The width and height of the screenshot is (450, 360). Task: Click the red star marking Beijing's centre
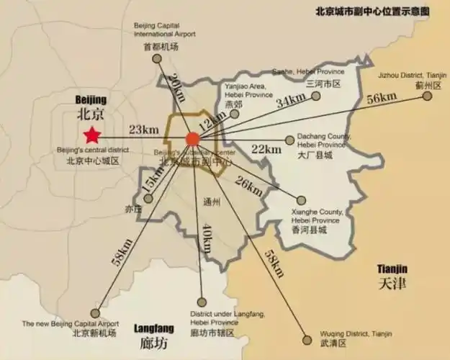tap(91, 135)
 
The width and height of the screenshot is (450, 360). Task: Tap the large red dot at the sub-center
tap(192, 139)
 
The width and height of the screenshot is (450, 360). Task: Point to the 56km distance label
tap(382, 99)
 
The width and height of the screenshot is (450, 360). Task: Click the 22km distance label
tap(266, 149)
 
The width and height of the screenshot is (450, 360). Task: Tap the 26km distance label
tap(249, 186)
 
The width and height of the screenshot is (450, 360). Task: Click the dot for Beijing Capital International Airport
tap(160, 63)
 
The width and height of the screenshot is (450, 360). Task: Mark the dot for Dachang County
tap(289, 139)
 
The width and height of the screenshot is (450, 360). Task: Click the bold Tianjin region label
tap(392, 276)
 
